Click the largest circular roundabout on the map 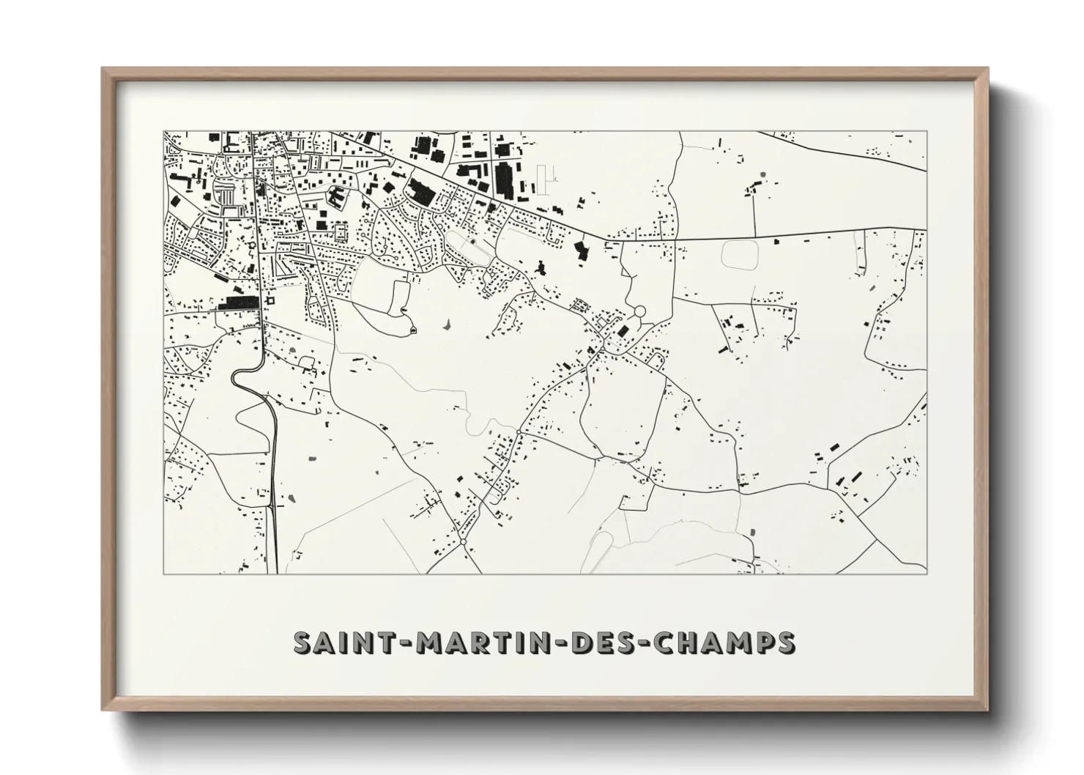pyautogui.click(x=639, y=312)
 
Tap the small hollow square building pyautogui.click(x=269, y=300)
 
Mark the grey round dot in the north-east pyautogui.click(x=762, y=175)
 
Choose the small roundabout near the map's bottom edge pyautogui.click(x=463, y=542)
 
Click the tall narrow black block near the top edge pyautogui.click(x=505, y=179)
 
